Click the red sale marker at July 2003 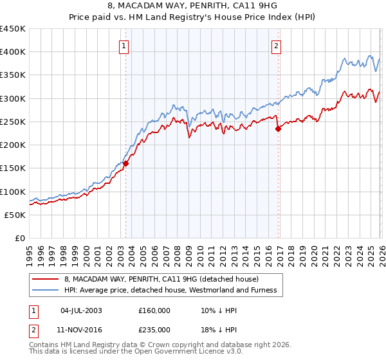pos(126,163)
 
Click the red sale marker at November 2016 pos(279,129)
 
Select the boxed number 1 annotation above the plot pos(123,46)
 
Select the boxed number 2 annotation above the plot pos(276,46)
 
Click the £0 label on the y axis pos(19,238)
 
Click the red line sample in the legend pos(46,279)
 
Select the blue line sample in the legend pos(46,291)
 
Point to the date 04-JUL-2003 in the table pos(81,310)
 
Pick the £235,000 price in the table pos(154,329)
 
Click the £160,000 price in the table pos(154,310)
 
